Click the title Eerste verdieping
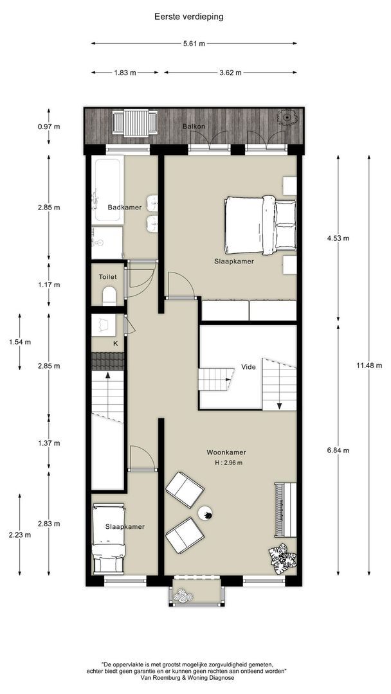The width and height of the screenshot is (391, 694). pyautogui.click(x=188, y=17)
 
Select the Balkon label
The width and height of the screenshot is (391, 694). pyautogui.click(x=194, y=126)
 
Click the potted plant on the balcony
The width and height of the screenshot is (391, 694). pyautogui.click(x=286, y=117)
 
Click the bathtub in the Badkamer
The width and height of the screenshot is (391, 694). pyautogui.click(x=108, y=190)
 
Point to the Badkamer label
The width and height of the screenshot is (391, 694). pyautogui.click(x=125, y=208)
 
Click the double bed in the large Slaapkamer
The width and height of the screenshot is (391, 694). pyautogui.click(x=259, y=226)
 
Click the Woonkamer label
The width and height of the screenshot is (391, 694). pyautogui.click(x=226, y=452)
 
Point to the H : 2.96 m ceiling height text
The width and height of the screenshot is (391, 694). pyautogui.click(x=226, y=463)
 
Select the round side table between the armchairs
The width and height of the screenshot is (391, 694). pyautogui.click(x=206, y=513)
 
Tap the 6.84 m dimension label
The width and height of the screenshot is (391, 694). pyautogui.click(x=338, y=450)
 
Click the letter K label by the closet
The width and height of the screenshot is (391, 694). pyautogui.click(x=116, y=344)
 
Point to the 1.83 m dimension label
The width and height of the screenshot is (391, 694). pyautogui.click(x=125, y=73)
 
